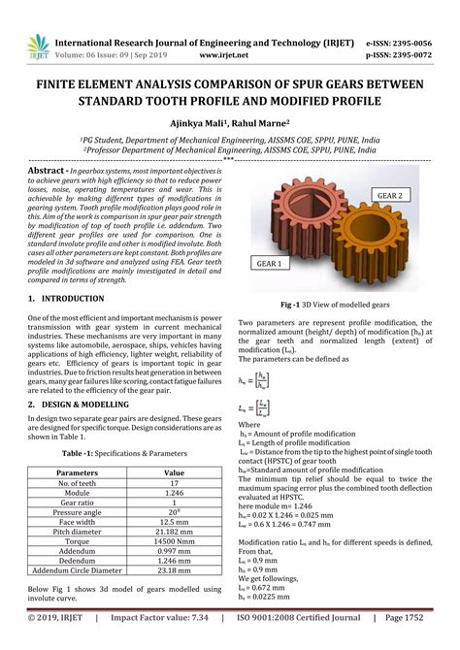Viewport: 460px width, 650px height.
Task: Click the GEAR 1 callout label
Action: [x=270, y=263]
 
